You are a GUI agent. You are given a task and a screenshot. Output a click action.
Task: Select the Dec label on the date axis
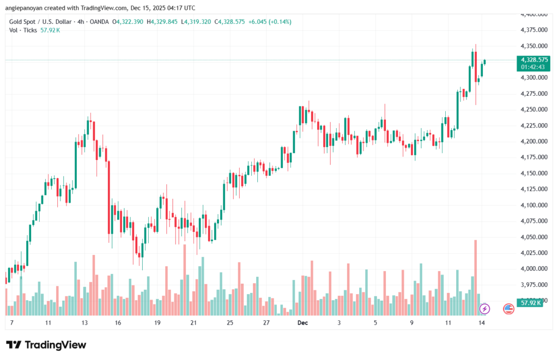click(303, 322)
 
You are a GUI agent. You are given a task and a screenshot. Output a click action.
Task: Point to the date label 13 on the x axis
click(84, 322)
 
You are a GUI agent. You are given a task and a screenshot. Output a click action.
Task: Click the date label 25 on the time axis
click(230, 322)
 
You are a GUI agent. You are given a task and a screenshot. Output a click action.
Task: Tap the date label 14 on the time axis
click(482, 322)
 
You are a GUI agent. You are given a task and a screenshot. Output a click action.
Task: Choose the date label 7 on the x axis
click(11, 322)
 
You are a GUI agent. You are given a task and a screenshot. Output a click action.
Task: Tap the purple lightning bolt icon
click(484, 309)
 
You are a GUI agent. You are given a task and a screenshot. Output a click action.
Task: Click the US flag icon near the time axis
click(508, 309)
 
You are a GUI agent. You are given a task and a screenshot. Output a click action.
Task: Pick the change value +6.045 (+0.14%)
click(270, 22)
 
